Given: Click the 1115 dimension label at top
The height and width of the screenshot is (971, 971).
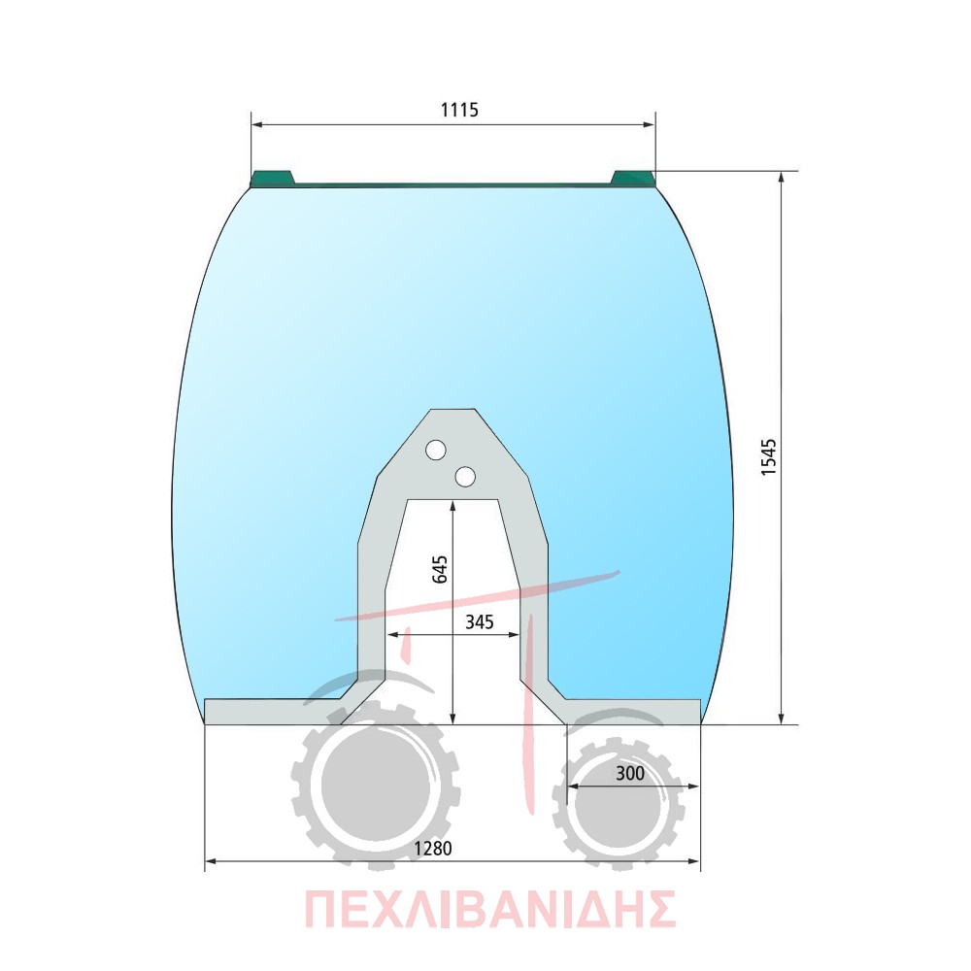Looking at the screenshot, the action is [x=459, y=110].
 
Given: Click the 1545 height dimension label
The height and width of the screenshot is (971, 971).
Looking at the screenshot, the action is [x=768, y=457].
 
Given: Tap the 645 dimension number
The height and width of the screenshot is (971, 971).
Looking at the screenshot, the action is [x=440, y=569].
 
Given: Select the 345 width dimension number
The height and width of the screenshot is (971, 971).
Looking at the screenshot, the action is [x=480, y=621].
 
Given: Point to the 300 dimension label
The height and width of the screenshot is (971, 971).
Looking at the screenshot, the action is [x=630, y=774].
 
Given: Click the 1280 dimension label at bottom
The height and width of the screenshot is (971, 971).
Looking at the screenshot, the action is [x=433, y=849].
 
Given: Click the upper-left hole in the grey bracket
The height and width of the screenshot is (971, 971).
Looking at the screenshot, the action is [x=436, y=450].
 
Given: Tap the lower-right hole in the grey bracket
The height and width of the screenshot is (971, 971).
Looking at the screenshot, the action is [x=465, y=476].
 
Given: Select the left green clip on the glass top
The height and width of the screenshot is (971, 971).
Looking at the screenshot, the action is [x=271, y=179].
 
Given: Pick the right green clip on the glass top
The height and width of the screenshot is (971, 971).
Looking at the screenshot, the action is [x=633, y=179].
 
